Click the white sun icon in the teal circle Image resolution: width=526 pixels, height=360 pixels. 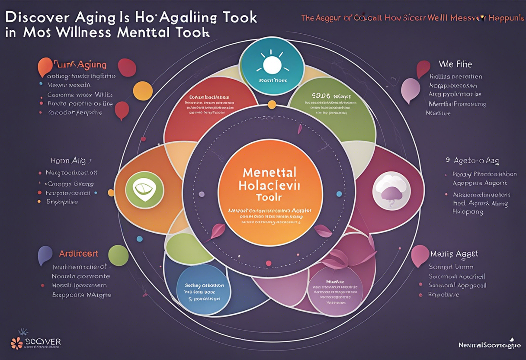coord(272,65)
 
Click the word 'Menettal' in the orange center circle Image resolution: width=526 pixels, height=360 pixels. coord(270,172)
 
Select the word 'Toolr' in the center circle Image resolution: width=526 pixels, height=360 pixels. coord(269,197)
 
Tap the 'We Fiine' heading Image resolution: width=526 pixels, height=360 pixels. coord(455,64)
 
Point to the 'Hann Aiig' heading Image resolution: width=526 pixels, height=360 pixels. coord(68,161)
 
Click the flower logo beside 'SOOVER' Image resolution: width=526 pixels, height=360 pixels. coord(17,342)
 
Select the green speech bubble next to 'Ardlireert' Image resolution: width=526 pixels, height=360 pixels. coord(118,255)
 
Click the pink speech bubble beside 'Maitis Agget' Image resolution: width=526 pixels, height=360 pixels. coord(419,255)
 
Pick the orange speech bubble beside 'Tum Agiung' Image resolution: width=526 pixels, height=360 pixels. coord(44,67)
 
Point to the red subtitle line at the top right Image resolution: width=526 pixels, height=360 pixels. coord(413,18)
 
